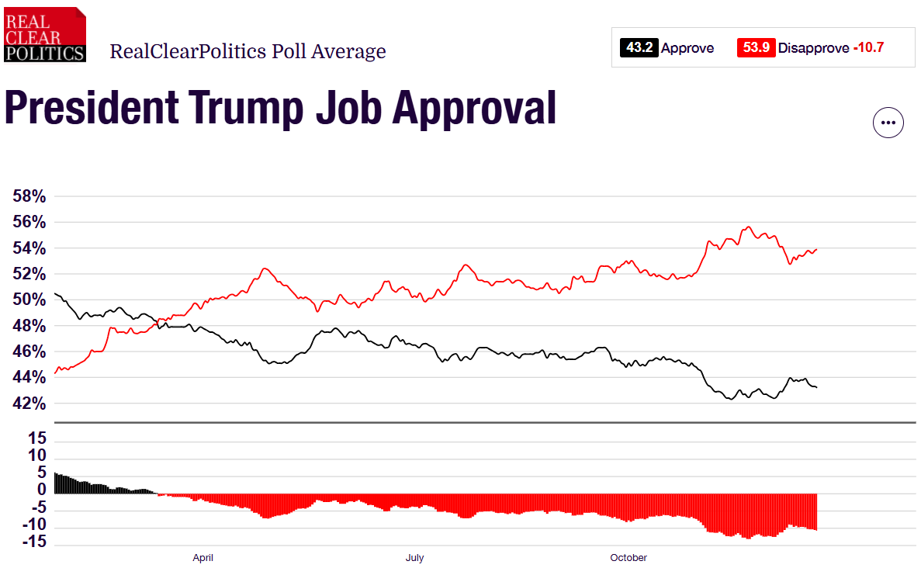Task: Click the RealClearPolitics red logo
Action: (44, 34)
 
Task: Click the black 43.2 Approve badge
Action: (639, 48)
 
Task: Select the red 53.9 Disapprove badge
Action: (756, 48)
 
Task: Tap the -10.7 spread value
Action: (868, 48)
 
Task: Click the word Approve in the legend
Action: (687, 48)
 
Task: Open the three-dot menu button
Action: (888, 123)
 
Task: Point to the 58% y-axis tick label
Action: (29, 197)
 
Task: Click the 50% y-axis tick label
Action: (29, 300)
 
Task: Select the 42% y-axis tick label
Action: (29, 404)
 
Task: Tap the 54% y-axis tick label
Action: (29, 248)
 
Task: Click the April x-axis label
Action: (203, 558)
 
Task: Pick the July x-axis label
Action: (414, 558)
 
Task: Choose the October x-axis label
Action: (628, 558)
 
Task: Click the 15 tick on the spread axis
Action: (37, 438)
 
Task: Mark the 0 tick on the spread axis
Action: (41, 490)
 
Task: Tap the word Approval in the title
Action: (474, 108)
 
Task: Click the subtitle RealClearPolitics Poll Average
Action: (248, 52)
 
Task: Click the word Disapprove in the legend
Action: (813, 48)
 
